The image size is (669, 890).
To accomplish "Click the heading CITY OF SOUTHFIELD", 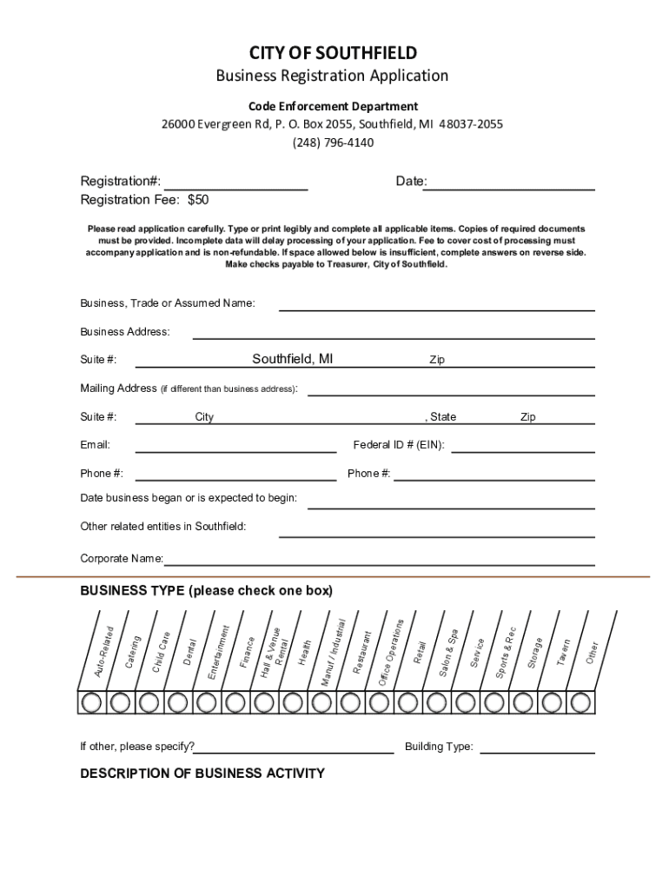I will point(333,53).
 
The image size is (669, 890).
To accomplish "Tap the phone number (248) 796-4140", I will point(333,143).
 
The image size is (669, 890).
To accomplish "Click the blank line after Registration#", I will point(235,183).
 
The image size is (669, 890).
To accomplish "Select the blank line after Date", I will point(512,183).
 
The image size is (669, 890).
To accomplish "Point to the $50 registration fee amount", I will point(198,200).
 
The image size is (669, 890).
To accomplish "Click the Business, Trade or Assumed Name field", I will point(436,303).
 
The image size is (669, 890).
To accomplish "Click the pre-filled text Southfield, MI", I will point(292,359).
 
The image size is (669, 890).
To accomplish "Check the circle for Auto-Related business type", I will point(92,701).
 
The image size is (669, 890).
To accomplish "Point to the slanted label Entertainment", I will point(218,653).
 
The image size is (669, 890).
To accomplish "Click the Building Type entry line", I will point(537,747).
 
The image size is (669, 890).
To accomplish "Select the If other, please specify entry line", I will point(295,747).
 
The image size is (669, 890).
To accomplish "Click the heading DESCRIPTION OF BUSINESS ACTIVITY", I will point(202,774).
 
